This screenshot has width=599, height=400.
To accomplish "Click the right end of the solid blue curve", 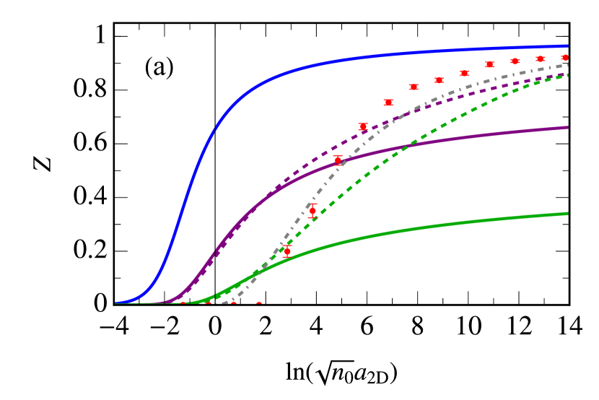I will tap(568, 46).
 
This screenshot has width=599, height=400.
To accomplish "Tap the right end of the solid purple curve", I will tap(568, 127).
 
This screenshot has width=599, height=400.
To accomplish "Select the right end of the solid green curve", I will tap(568, 213).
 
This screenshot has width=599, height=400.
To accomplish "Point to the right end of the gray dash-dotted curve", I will tap(568, 65).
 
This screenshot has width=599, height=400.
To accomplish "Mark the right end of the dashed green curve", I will tap(568, 74).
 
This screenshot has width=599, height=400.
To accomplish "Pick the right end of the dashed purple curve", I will tap(568, 74).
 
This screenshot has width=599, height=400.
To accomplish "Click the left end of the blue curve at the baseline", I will tap(116, 303).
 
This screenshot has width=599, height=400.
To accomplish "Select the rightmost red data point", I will tap(565, 57).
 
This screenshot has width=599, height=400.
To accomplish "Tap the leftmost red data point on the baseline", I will tap(183, 303).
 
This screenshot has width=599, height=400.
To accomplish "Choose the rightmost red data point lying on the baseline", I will tap(258, 303).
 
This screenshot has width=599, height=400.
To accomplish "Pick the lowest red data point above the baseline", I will tap(287, 251).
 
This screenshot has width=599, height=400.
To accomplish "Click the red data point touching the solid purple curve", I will tap(338, 160).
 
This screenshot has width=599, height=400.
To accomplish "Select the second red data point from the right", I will tap(540, 58).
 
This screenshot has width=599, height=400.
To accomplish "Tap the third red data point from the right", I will tap(515, 61).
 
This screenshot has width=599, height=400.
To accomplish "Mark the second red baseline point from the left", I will tap(208, 303).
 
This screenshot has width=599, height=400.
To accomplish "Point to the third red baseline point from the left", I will tap(233, 303).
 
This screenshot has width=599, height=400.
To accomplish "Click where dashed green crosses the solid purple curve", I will tap(406, 146).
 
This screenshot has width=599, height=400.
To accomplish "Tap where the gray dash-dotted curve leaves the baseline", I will tap(229, 302).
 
